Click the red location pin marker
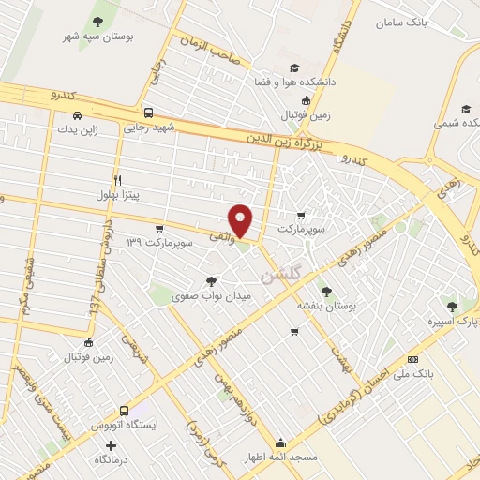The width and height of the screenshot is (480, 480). click(241, 219)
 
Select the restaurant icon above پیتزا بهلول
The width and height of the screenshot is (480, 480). click(117, 179)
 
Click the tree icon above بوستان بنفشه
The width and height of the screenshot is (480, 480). click(325, 290)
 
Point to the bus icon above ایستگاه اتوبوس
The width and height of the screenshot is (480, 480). click(125, 410)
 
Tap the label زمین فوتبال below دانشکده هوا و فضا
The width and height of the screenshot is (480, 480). click(296, 114)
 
